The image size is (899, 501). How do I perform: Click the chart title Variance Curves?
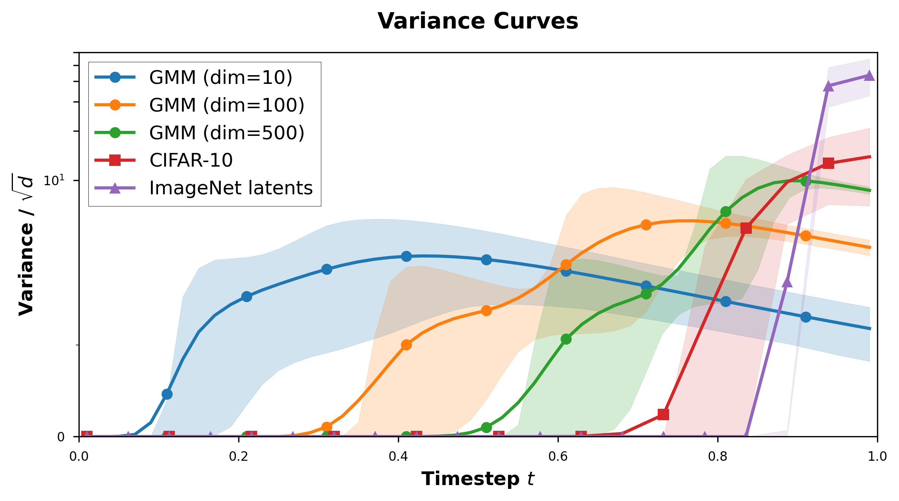478,21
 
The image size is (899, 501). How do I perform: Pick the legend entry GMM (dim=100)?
227,105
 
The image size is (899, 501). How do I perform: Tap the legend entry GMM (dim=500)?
227,133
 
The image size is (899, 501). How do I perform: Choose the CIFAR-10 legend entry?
191,160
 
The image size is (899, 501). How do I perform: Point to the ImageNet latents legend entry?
231,188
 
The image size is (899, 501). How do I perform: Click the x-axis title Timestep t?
478,479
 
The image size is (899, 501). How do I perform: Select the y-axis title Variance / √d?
26,245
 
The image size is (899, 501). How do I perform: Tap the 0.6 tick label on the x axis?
558,456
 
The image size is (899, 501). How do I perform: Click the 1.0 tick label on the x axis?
877,456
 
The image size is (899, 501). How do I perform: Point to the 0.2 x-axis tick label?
238,456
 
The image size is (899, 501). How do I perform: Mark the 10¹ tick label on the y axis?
54,181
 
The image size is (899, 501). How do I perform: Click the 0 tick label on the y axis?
61,437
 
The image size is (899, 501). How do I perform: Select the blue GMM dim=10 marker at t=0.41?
406,257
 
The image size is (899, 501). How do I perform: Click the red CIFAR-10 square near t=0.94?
828,164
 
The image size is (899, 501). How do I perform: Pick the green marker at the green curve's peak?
806,181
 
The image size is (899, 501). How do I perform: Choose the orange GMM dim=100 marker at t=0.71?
646,225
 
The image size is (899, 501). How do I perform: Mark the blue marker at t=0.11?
167,394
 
